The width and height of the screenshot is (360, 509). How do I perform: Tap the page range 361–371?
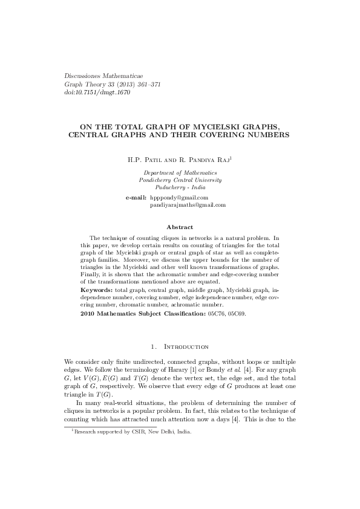point(146,85)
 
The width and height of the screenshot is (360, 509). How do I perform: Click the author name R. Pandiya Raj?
point(202,161)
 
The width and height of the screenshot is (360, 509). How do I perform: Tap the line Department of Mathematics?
point(180,173)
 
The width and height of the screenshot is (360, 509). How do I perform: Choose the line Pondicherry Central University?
point(180,180)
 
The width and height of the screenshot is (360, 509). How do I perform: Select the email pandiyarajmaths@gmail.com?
point(188,205)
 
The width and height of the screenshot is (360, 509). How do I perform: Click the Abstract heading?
point(180,227)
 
